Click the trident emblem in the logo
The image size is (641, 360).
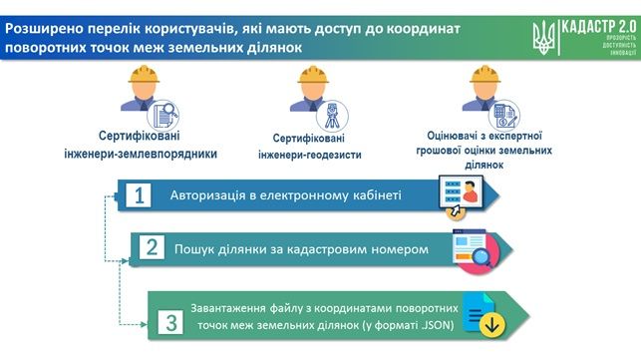(x=542, y=37)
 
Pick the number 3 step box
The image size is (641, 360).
(x=170, y=321)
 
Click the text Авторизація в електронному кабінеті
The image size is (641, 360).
(x=285, y=194)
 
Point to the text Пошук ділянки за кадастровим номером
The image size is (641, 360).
(x=301, y=248)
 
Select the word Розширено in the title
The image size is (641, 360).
(x=43, y=29)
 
